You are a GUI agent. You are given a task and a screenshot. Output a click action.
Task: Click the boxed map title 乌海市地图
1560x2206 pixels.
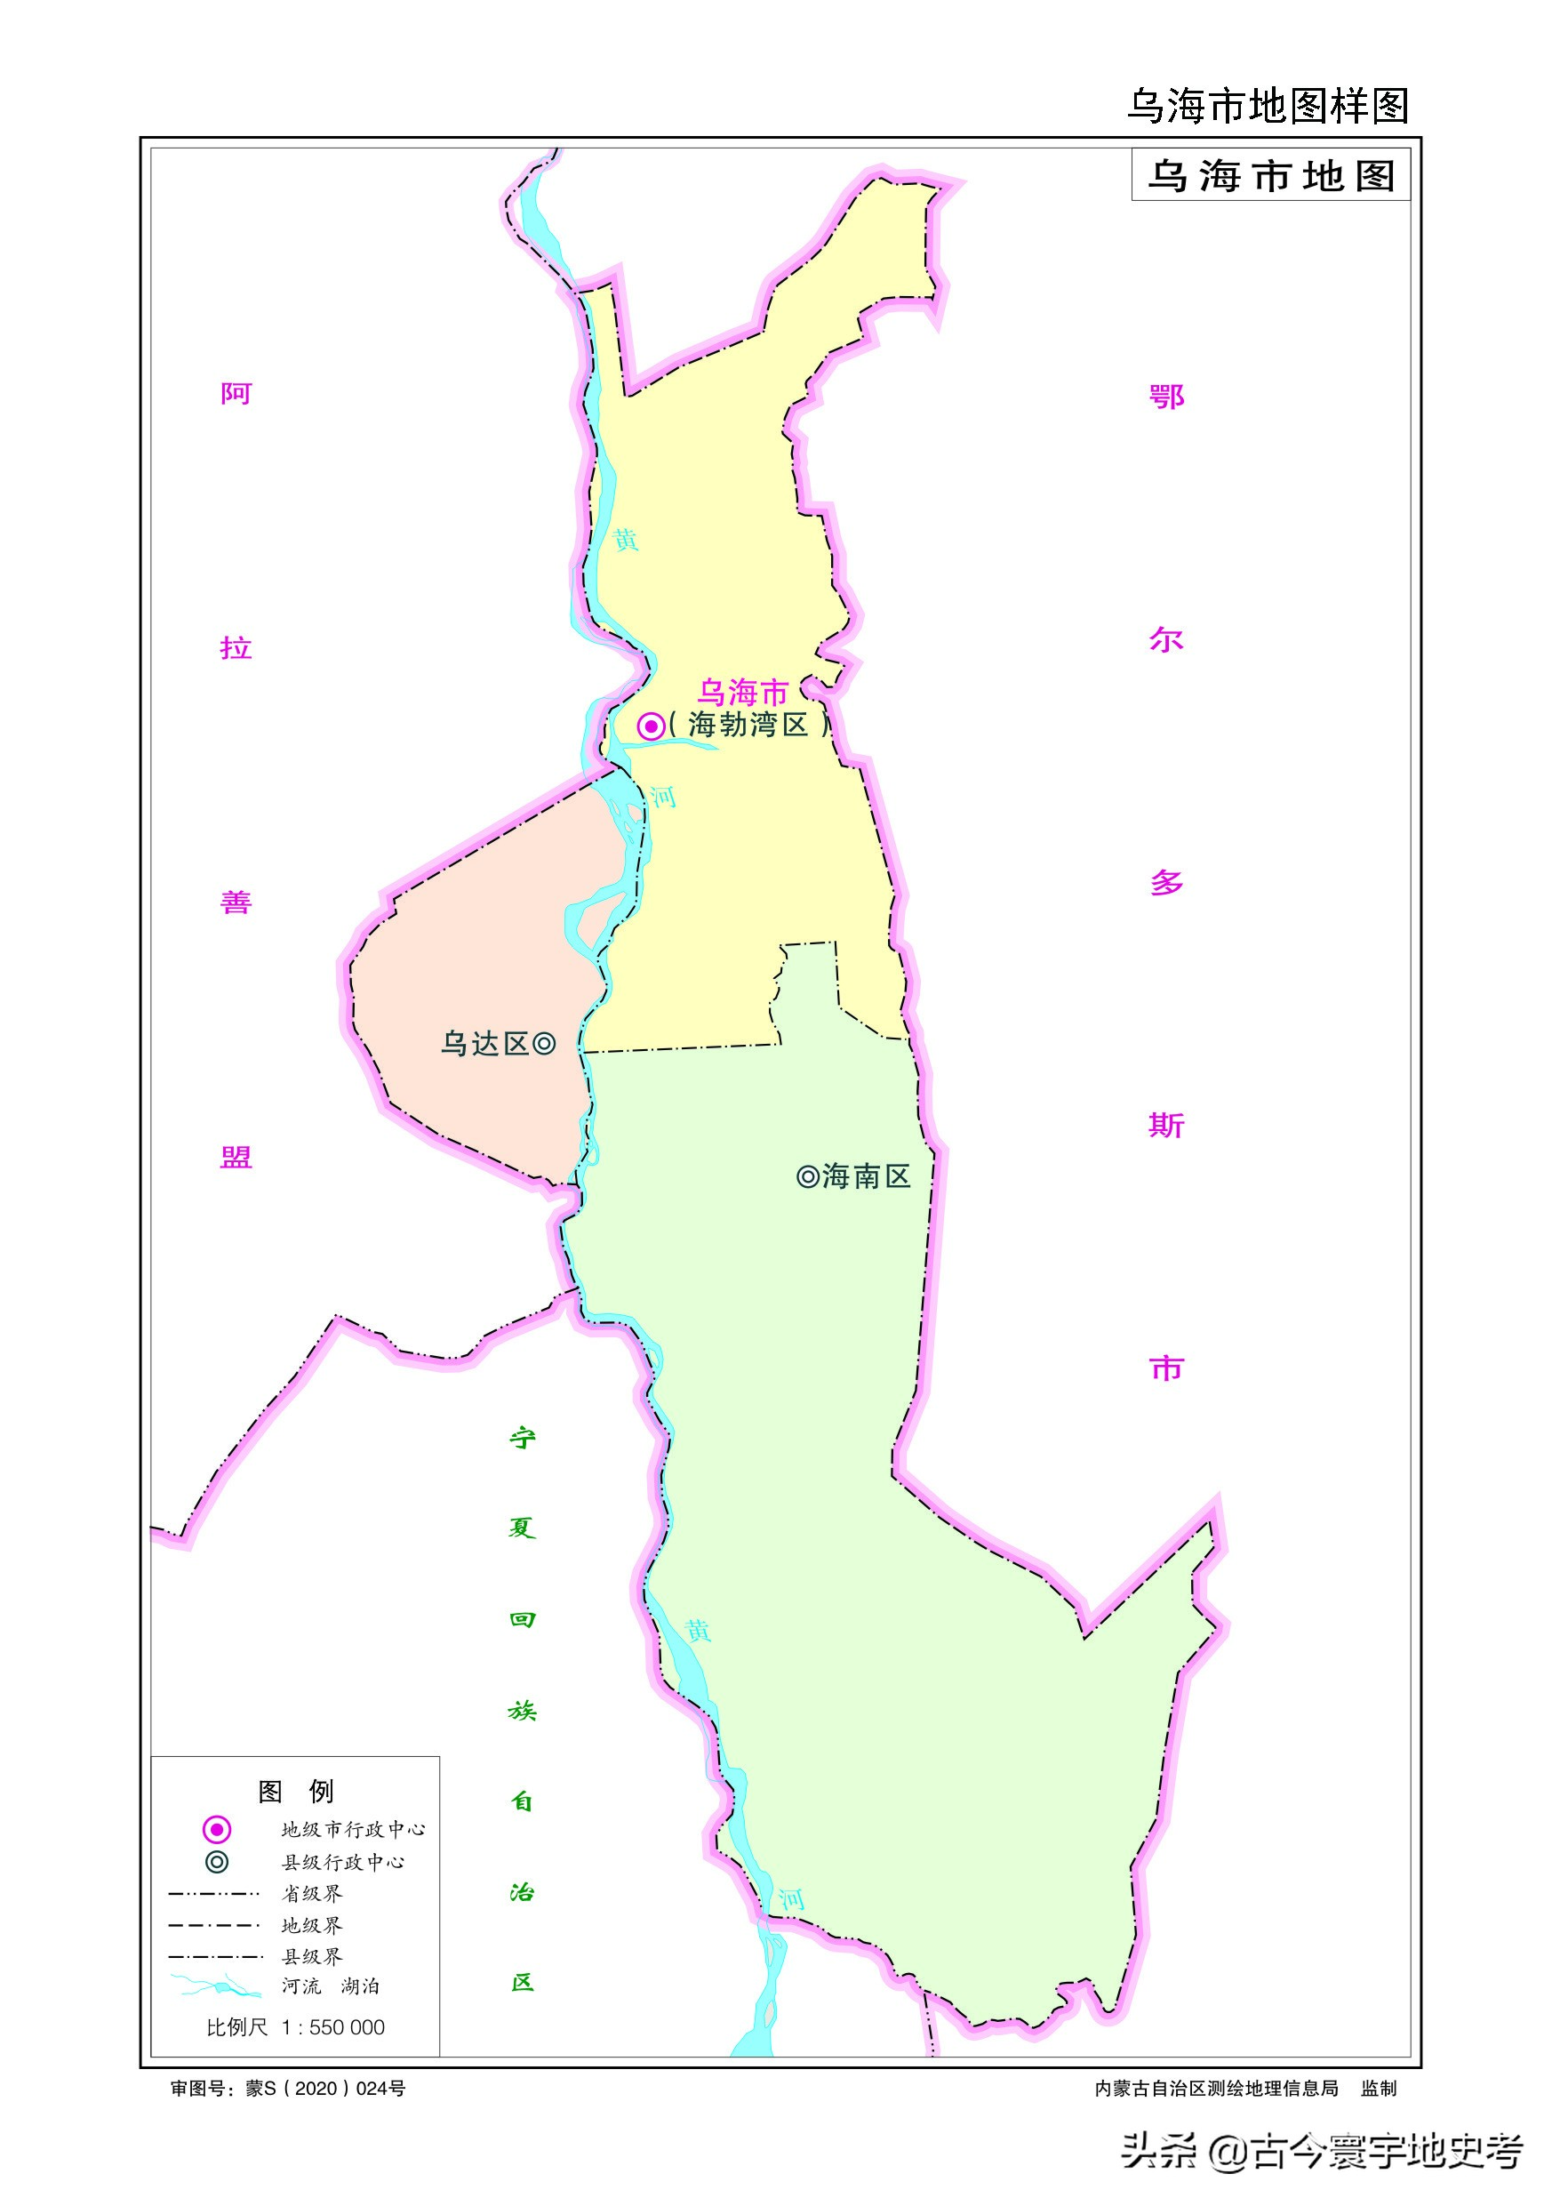click(1271, 176)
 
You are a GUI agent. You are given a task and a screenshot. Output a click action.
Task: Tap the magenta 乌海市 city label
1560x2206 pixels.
click(742, 692)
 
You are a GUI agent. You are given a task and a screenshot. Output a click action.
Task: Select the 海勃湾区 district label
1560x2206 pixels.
click(748, 725)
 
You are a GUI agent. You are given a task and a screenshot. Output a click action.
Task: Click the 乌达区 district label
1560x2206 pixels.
click(484, 1044)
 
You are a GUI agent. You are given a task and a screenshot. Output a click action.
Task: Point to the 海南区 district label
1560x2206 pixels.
click(867, 1176)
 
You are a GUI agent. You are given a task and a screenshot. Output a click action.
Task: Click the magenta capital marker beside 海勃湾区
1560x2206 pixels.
click(652, 726)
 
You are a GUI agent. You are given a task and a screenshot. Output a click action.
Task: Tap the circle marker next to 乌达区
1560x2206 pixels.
click(544, 1044)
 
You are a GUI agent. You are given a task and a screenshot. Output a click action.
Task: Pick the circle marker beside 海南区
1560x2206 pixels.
click(808, 1176)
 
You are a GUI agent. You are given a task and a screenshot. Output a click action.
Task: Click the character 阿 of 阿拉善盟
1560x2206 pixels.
click(236, 394)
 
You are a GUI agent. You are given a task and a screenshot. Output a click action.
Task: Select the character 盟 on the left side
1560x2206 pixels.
click(236, 1157)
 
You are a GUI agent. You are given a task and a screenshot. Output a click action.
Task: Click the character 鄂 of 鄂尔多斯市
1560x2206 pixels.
click(1166, 396)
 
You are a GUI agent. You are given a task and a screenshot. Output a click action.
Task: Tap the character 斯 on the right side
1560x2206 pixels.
click(1166, 1125)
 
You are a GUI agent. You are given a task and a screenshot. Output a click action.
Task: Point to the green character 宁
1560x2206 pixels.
click(523, 1438)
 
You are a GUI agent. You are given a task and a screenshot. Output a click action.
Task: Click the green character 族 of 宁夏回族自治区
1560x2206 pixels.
click(523, 1710)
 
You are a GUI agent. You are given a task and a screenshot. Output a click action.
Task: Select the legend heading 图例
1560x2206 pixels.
click(295, 1791)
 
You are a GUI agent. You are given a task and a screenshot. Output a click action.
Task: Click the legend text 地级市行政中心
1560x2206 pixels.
click(353, 1829)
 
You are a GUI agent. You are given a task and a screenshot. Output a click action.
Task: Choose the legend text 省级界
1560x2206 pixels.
click(311, 1894)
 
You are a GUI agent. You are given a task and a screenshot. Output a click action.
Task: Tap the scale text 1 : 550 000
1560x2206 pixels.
click(332, 2027)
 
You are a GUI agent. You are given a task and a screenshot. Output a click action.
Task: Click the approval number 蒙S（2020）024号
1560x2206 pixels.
click(324, 2088)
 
